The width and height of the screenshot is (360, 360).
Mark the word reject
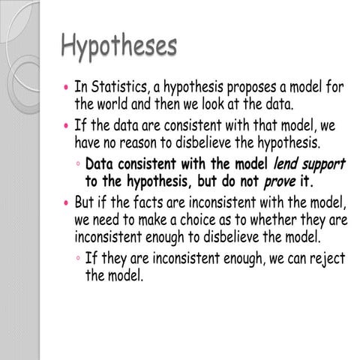pyautogui.click(x=323, y=259)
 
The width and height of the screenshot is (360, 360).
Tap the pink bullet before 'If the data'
pyautogui.click(x=66, y=124)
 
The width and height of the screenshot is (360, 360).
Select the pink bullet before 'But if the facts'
pyautogui.click(x=66, y=202)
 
